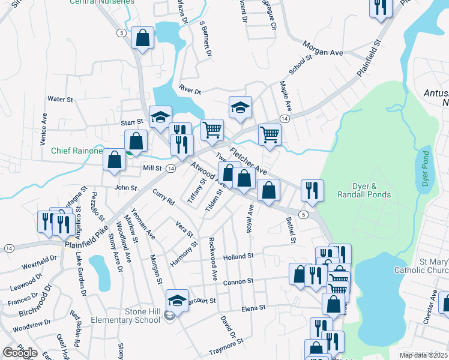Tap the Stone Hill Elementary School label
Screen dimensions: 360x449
(125, 316)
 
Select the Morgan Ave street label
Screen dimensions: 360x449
(323, 53)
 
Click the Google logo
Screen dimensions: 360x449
(20, 353)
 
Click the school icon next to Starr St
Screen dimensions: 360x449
(160, 117)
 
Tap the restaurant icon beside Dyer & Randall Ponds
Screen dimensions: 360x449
(312, 190)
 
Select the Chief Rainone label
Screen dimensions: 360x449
(77, 151)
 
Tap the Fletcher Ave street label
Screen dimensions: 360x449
(248, 161)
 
